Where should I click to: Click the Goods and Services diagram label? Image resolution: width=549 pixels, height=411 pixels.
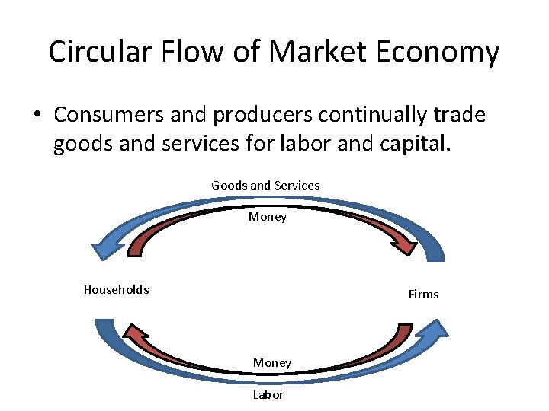click(x=265, y=185)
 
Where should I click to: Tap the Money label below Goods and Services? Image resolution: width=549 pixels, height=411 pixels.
click(x=268, y=217)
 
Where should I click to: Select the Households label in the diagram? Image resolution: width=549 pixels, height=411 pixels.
click(x=116, y=289)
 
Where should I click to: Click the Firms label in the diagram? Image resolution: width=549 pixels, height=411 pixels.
click(x=423, y=294)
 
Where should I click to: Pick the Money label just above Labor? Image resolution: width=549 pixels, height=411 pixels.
click(x=272, y=363)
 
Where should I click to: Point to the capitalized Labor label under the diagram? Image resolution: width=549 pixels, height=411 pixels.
click(x=268, y=394)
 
